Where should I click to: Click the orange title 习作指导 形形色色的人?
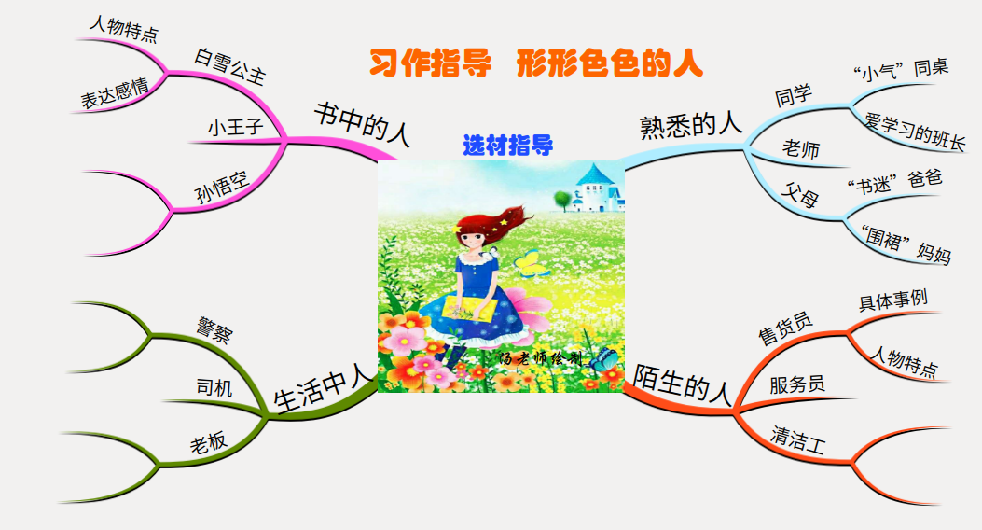[536, 63]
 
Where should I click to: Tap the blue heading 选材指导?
[508, 146]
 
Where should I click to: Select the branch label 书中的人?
[362, 123]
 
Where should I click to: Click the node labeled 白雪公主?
[229, 65]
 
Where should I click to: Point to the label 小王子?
[236, 127]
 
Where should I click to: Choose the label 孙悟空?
[222, 188]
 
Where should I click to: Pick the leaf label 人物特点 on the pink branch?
[124, 29]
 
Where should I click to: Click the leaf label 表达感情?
[115, 93]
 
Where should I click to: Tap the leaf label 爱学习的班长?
[915, 132]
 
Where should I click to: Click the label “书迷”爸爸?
[894, 182]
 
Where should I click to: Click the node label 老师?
[801, 149]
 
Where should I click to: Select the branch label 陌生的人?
[682, 383]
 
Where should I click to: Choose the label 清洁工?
[798, 439]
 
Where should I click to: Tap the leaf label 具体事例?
[893, 300]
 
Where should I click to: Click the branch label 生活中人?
[324, 390]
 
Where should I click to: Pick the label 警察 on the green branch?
[214, 330]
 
